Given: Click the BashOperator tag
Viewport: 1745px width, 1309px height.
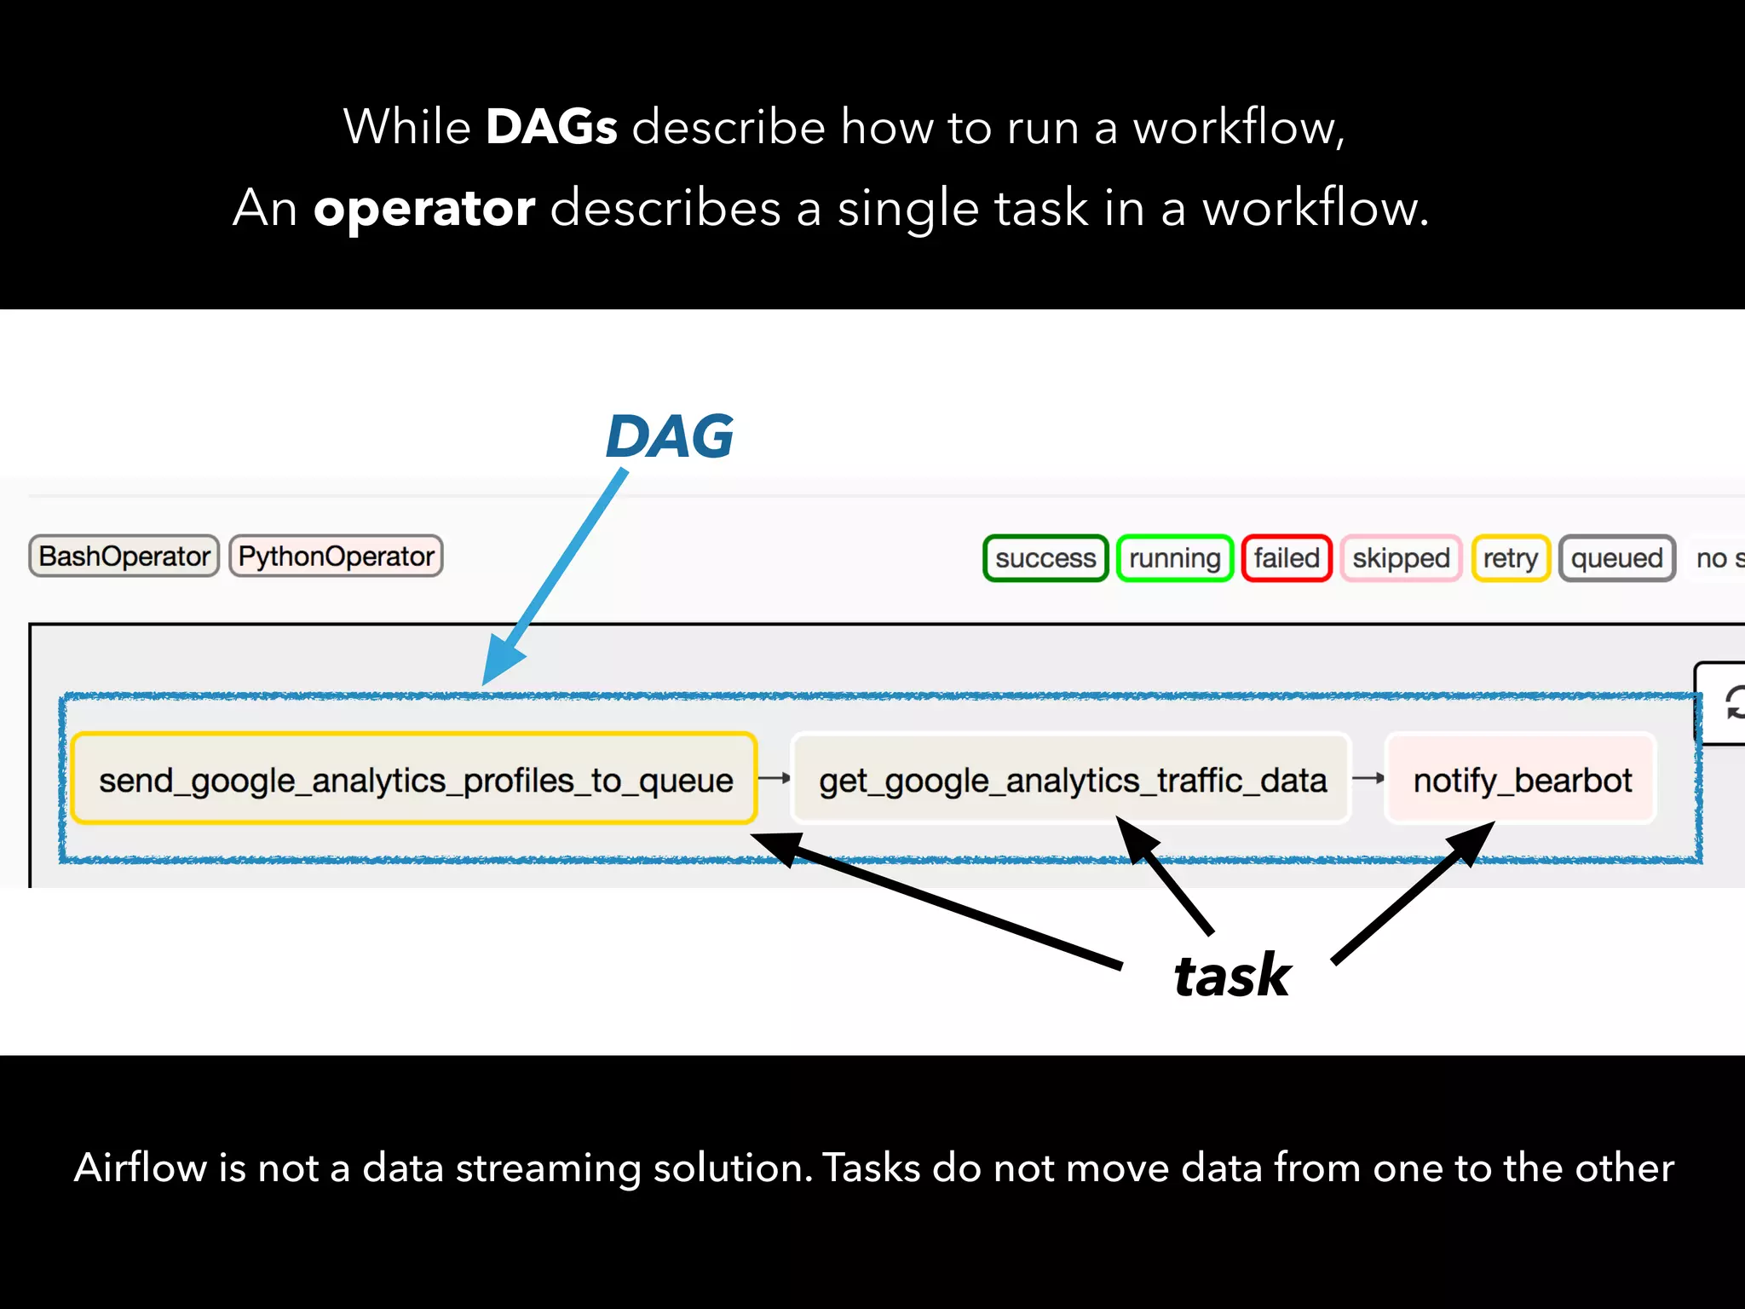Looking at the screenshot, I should [x=124, y=556].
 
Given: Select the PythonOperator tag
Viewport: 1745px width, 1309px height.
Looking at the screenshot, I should [x=336, y=556].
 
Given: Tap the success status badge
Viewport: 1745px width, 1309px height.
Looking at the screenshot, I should [x=1045, y=558].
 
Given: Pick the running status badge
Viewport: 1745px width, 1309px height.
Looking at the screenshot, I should [x=1174, y=558].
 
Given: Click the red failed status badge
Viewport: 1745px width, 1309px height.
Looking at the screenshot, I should [x=1287, y=558].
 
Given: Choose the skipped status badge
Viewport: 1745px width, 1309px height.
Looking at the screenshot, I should [x=1401, y=558].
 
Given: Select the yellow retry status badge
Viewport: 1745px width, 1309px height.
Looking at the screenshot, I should [x=1510, y=558].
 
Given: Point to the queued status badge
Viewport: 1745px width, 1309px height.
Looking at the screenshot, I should [x=1616, y=558].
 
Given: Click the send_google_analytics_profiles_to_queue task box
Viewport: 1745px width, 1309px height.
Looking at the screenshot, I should [x=415, y=779].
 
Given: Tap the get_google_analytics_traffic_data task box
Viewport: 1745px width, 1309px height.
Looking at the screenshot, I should [x=1072, y=779].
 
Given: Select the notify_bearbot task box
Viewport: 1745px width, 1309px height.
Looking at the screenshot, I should [x=1522, y=779].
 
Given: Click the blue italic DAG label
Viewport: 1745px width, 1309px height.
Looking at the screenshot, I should [x=670, y=436].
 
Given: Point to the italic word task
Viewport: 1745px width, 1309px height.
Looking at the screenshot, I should [x=1232, y=975].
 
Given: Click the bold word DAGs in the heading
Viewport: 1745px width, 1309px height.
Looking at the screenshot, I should [x=551, y=127].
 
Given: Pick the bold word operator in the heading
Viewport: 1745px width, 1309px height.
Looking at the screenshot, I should [x=424, y=208].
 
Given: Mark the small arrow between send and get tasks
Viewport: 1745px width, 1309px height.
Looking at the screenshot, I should [x=774, y=778].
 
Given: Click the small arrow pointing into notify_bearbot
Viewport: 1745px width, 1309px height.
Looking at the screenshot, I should [x=1368, y=778].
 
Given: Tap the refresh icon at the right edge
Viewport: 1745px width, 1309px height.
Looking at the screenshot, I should [x=1733, y=704].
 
